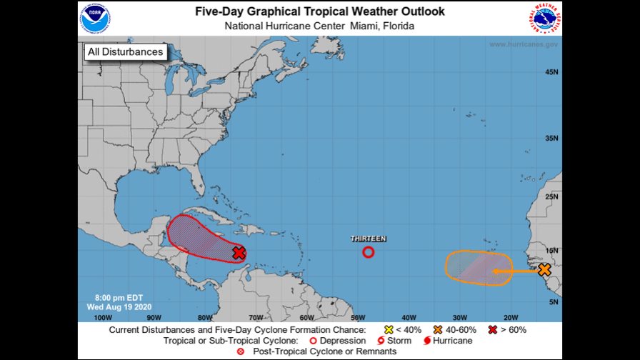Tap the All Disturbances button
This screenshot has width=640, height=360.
pyautogui.click(x=125, y=52)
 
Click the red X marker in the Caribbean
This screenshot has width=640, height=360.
pyautogui.click(x=239, y=253)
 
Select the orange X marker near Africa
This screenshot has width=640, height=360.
pyautogui.click(x=544, y=269)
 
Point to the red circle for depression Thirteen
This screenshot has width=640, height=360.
pyautogui.click(x=369, y=251)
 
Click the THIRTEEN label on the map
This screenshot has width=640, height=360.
pyautogui.click(x=369, y=238)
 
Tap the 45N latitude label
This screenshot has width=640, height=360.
pyautogui.click(x=551, y=72)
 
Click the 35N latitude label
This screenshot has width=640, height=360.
pyautogui.click(x=551, y=138)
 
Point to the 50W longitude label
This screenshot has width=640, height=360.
pyautogui.click(x=358, y=317)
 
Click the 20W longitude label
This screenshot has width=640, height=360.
pyautogui.click(x=510, y=317)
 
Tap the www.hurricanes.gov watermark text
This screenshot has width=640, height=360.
pyautogui.click(x=523, y=44)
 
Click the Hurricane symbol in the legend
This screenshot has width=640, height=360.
pyautogui.click(x=426, y=341)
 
